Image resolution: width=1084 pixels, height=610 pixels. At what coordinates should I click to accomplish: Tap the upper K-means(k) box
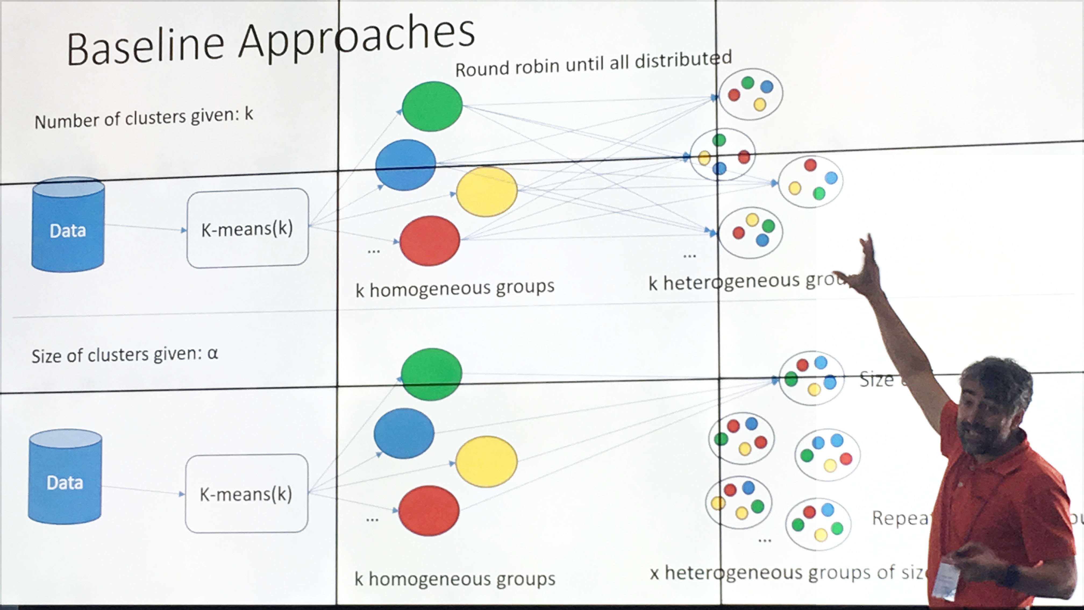[247, 228]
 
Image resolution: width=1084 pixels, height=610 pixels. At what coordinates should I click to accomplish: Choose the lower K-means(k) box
[247, 493]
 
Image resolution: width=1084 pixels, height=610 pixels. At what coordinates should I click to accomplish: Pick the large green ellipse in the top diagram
[432, 106]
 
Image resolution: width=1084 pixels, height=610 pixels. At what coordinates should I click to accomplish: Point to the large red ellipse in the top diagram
[430, 241]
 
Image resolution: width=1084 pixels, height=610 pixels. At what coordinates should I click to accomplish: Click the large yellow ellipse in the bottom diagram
[486, 461]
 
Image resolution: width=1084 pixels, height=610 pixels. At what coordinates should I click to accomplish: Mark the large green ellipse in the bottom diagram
[431, 374]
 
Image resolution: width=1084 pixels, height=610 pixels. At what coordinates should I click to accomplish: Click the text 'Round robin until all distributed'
[593, 64]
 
